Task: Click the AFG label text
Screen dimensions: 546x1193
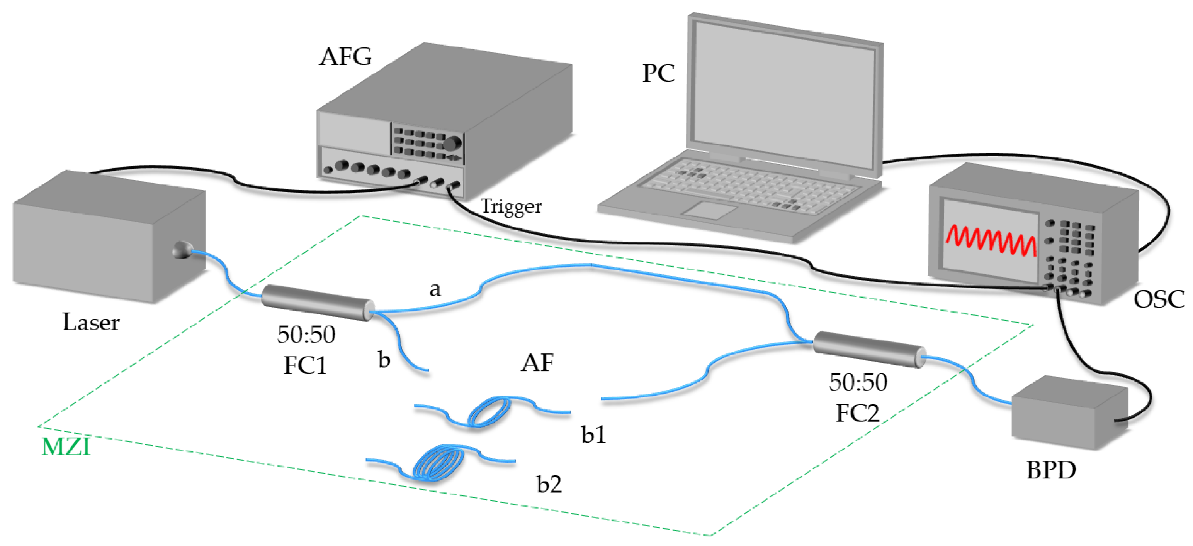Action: pyautogui.click(x=345, y=57)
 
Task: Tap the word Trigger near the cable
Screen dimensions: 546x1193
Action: pyautogui.click(x=511, y=206)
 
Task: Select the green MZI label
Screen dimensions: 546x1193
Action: pyautogui.click(x=66, y=447)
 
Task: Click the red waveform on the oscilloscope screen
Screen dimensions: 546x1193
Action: pyautogui.click(x=991, y=241)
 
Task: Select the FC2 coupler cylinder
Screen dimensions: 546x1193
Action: pyautogui.click(x=869, y=349)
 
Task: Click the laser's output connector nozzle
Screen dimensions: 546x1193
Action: pyautogui.click(x=182, y=250)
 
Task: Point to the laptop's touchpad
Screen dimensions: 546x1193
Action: pyautogui.click(x=709, y=210)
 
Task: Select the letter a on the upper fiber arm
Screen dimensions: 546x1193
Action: pyautogui.click(x=434, y=290)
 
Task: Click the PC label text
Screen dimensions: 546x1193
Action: pyautogui.click(x=658, y=73)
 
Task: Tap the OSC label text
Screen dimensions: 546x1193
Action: pyautogui.click(x=1158, y=299)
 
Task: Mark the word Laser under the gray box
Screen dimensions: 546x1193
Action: pyautogui.click(x=91, y=322)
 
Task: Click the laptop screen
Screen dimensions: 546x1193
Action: pyautogui.click(x=785, y=95)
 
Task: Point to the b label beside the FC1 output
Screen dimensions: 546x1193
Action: pyautogui.click(x=384, y=360)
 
